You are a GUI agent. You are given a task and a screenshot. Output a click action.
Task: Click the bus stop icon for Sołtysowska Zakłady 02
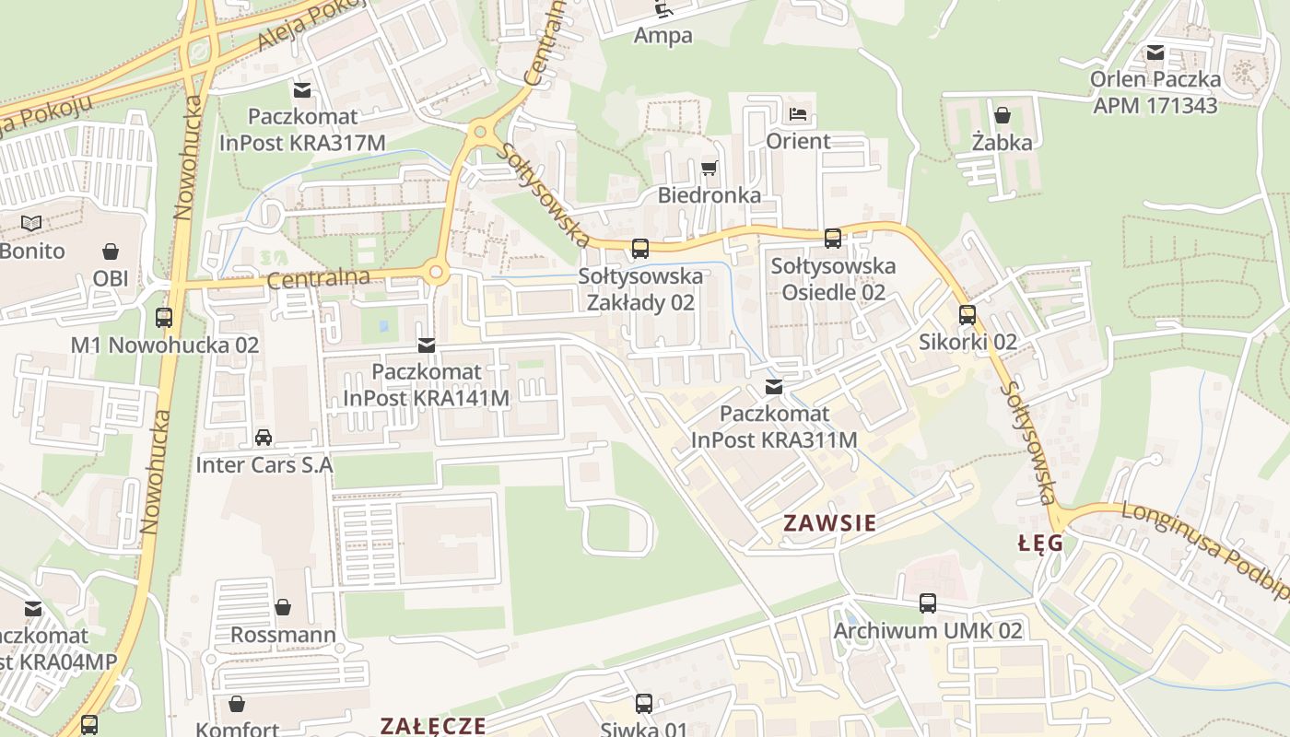(639, 249)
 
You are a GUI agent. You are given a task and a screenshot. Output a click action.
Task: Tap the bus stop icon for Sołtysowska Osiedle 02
(833, 239)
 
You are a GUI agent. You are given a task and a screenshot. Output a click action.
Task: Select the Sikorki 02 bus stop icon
(967, 315)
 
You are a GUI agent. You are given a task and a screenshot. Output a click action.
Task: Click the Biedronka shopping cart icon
(709, 168)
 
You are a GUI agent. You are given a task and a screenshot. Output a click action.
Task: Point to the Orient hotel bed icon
(799, 114)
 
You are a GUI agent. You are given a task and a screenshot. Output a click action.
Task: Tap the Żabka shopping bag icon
(1003, 115)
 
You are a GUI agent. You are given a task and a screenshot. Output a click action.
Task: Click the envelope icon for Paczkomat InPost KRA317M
(302, 90)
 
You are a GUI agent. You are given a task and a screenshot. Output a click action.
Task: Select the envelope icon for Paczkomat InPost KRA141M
(426, 345)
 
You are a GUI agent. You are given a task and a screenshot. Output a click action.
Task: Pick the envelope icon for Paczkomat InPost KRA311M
(774, 387)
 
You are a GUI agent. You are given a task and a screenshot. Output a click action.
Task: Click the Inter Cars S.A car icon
(264, 438)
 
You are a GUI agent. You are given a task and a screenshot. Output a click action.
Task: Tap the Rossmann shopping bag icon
(283, 607)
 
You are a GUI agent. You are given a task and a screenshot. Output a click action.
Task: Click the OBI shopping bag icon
(111, 252)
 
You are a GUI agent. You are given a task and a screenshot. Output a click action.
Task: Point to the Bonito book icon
(31, 223)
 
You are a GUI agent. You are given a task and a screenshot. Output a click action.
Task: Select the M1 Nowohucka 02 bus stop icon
(164, 318)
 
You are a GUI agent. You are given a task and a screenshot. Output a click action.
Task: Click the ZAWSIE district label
(829, 523)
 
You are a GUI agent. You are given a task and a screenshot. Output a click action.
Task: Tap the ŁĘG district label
(1040, 544)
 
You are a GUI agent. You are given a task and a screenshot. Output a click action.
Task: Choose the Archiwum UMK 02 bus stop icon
(928, 603)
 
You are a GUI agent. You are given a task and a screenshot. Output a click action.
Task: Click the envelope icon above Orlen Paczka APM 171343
(1155, 53)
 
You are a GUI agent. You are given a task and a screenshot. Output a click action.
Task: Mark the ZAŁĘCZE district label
(433, 725)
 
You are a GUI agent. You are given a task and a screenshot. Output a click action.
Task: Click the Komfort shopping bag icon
(237, 705)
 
